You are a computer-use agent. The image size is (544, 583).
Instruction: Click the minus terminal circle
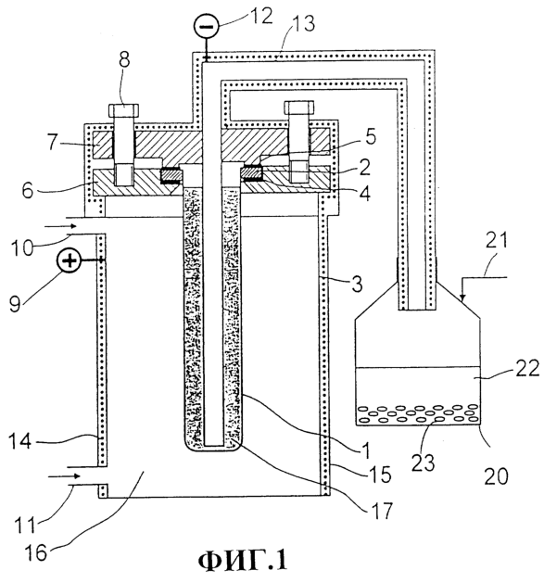pos(206,26)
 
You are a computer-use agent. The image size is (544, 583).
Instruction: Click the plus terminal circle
pos(69,261)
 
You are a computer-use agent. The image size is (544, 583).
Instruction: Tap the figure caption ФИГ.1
pos(243,561)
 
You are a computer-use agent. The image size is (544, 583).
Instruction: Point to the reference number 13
pos(303,23)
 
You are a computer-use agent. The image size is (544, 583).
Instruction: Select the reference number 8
pos(124,59)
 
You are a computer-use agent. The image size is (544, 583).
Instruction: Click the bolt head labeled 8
pos(124,109)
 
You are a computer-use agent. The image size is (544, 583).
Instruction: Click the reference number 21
pos(497,240)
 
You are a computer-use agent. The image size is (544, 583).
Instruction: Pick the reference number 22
pos(527,369)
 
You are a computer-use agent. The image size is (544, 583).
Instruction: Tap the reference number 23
pos(424,463)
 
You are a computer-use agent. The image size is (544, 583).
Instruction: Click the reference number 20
pos(497,476)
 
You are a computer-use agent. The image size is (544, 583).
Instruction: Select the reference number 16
pos(36,552)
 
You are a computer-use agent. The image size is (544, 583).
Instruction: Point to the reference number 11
pos(25,526)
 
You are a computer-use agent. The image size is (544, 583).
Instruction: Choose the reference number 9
pos(15,304)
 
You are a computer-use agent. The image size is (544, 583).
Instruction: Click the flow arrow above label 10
pos(60,226)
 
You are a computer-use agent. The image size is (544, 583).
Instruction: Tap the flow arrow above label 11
pos(64,475)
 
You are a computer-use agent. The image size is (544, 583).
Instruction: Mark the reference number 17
pos(382,511)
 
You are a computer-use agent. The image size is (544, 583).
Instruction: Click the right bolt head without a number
pos(299,108)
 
